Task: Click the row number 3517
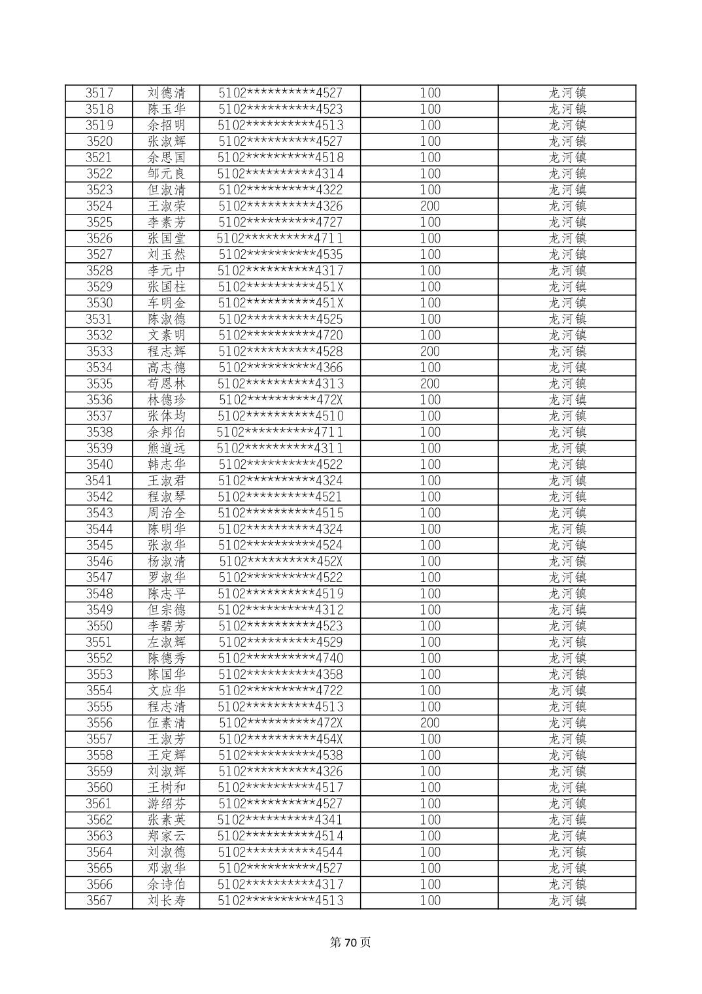coord(99,93)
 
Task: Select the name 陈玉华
coord(167,109)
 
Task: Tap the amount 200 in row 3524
coord(429,206)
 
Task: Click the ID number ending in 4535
coord(280,254)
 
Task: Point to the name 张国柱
coord(167,286)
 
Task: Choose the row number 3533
coord(99,351)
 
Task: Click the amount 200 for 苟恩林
coord(429,383)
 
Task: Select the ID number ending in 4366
coord(280,368)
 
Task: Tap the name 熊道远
coord(167,448)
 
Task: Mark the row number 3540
coord(99,464)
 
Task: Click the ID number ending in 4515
coord(280,513)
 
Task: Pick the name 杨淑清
coord(167,561)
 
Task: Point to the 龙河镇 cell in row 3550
coord(567,626)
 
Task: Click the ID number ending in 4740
coord(280,658)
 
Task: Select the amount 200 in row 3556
coord(429,723)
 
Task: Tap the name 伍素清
coord(167,723)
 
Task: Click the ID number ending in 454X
coord(280,739)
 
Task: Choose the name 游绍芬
coord(167,804)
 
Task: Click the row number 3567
coord(99,900)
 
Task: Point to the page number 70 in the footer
coord(350,942)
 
